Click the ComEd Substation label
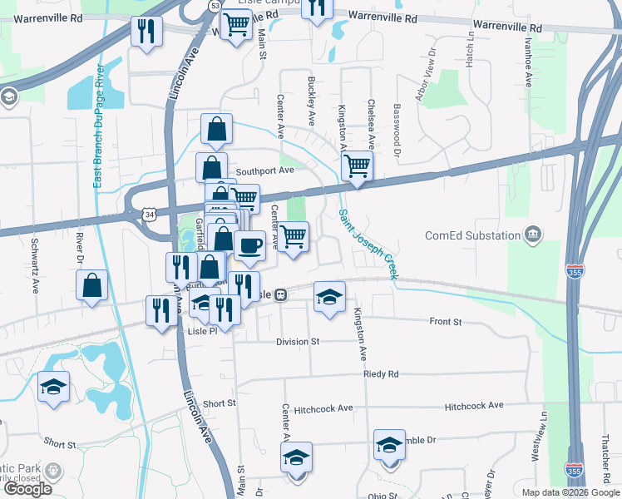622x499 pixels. click(x=471, y=235)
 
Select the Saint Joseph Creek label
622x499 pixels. click(x=367, y=242)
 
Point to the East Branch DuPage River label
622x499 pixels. click(x=99, y=125)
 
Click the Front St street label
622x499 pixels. click(x=445, y=321)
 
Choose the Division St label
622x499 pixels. click(x=299, y=341)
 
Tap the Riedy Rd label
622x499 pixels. click(x=381, y=374)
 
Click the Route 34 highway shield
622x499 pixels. click(x=149, y=215)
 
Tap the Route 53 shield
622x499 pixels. click(x=215, y=6)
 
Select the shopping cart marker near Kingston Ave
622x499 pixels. click(x=358, y=166)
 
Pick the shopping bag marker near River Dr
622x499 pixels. click(x=92, y=285)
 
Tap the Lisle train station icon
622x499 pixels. click(x=281, y=294)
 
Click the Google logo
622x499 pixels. click(x=27, y=489)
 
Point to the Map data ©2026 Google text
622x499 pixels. click(x=570, y=492)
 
